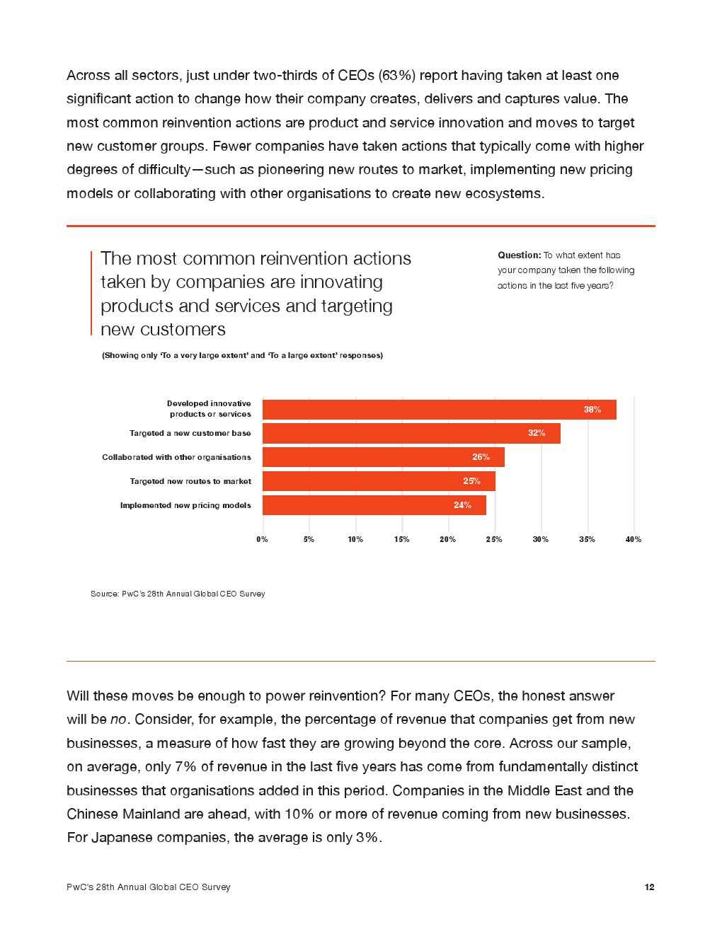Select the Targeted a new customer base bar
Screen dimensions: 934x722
tap(411, 433)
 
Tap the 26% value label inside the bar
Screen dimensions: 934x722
tap(481, 457)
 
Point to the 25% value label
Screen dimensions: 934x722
tap(471, 481)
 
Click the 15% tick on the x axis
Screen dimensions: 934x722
tap(401, 539)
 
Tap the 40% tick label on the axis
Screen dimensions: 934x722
tap(633, 539)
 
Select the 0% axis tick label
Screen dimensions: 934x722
tap(262, 539)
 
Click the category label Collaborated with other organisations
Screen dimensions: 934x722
tap(176, 457)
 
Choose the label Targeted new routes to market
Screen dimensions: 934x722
tap(190, 481)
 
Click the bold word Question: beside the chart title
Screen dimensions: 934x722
tap(519, 255)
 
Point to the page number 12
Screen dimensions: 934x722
tap(649, 887)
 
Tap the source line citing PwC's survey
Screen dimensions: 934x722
tap(178, 594)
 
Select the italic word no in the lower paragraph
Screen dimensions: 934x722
tap(118, 720)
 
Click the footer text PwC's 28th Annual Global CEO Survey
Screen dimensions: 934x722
tap(149, 887)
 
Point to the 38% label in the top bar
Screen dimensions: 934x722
tap(592, 410)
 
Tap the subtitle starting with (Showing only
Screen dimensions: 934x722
tap(242, 355)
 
